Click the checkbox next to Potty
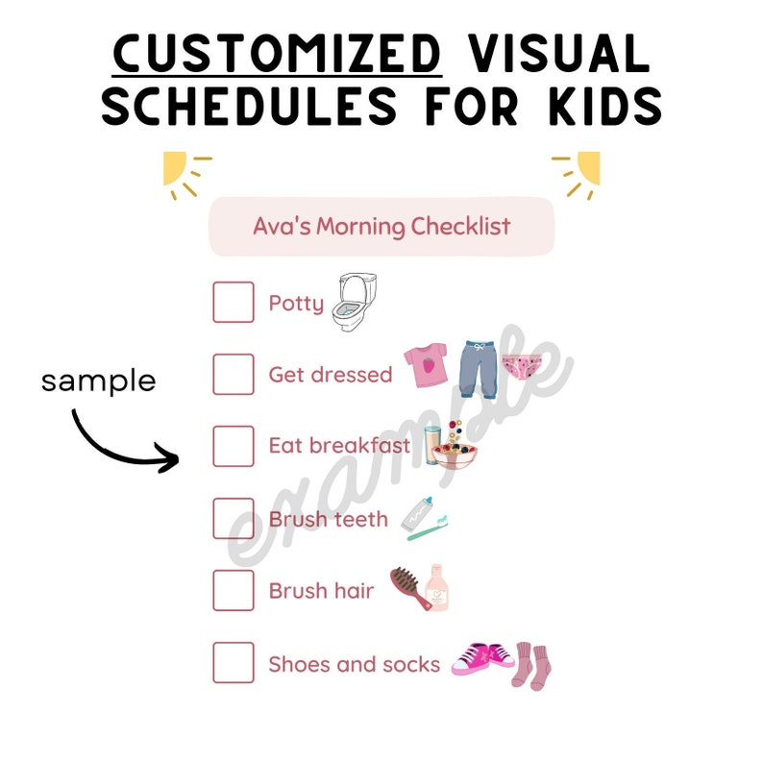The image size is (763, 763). [x=234, y=303]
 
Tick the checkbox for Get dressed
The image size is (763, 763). [x=234, y=375]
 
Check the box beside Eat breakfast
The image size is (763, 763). [x=234, y=446]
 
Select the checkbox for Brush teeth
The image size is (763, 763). [x=234, y=519]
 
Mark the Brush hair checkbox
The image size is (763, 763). [x=234, y=590]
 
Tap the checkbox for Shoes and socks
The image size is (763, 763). [x=234, y=663]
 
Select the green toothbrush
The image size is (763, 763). [x=429, y=528]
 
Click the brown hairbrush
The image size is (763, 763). [x=407, y=587]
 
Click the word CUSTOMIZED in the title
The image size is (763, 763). [x=277, y=54]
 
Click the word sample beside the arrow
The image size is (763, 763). [x=98, y=381]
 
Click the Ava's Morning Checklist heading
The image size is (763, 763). [x=381, y=227]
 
